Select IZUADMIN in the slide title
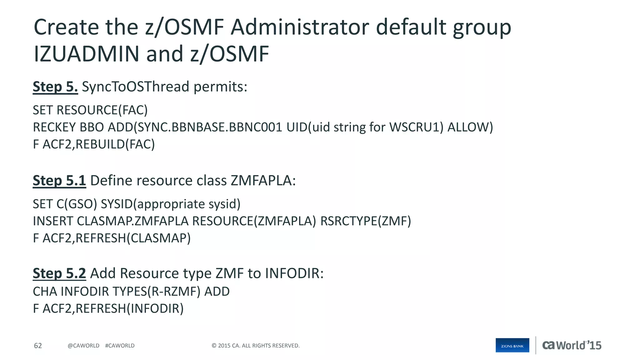(86, 54)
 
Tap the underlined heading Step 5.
(55, 87)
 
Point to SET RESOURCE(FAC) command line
(90, 110)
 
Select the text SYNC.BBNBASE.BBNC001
(209, 127)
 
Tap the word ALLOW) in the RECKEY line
(470, 127)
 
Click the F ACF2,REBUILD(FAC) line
(94, 144)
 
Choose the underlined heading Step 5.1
(59, 181)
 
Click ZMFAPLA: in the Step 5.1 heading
(263, 181)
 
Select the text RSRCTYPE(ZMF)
(366, 221)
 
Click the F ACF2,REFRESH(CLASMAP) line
(112, 238)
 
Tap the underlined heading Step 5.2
(59, 273)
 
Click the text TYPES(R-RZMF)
(156, 292)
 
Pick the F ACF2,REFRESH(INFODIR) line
(108, 309)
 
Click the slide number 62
(38, 346)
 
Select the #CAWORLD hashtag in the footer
(120, 346)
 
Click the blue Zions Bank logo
(512, 345)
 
